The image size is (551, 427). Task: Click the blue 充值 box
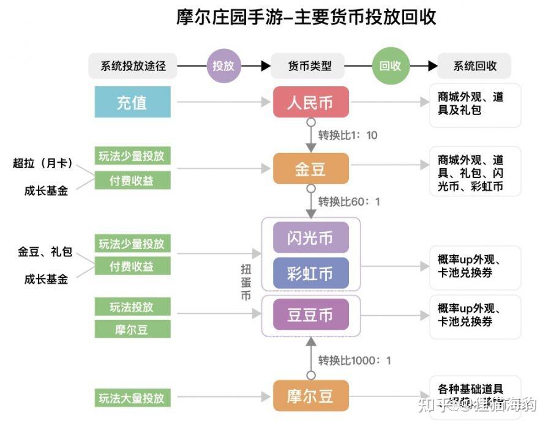click(x=132, y=102)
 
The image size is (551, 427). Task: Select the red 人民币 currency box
click(x=310, y=102)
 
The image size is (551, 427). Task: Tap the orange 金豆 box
click(x=310, y=168)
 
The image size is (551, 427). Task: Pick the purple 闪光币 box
click(x=310, y=237)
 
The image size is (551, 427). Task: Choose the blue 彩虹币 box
click(x=310, y=273)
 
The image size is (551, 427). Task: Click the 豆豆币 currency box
click(x=310, y=314)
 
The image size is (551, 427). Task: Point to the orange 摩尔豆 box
click(x=310, y=395)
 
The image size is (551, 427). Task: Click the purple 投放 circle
click(x=223, y=65)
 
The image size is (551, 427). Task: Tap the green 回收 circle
click(x=390, y=65)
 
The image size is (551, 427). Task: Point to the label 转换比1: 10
click(x=348, y=135)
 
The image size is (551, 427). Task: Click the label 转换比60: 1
click(x=349, y=201)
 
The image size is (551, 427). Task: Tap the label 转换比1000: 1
click(x=354, y=360)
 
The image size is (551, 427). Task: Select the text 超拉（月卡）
click(x=43, y=163)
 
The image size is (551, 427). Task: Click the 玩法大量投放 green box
click(x=132, y=398)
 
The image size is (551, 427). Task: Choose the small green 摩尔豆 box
click(x=132, y=329)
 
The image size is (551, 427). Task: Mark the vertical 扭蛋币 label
click(x=246, y=281)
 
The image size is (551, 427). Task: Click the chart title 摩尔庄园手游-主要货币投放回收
click(x=306, y=17)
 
